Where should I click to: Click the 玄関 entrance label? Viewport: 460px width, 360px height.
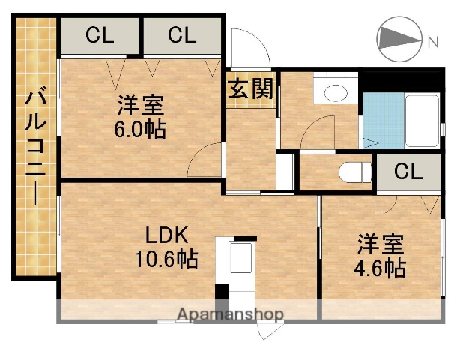pyautogui.click(x=250, y=90)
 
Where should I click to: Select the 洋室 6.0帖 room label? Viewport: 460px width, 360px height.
pyautogui.click(x=140, y=116)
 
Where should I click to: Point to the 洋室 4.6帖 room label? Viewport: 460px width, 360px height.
pyautogui.click(x=381, y=256)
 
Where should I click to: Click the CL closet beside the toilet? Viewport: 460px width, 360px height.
pyautogui.click(x=408, y=172)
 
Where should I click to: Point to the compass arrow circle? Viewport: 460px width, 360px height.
pyautogui.click(x=398, y=39)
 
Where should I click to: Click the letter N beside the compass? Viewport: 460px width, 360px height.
pyautogui.click(x=433, y=42)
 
